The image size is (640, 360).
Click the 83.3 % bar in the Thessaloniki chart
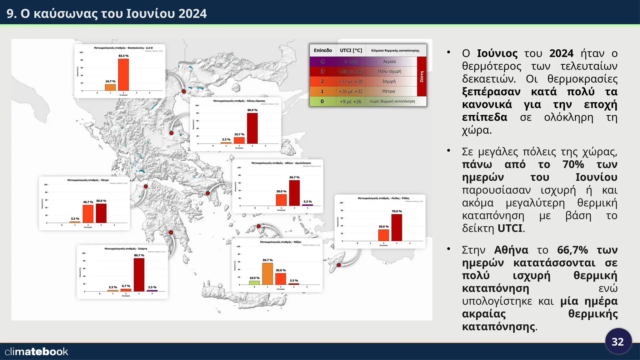pos(123,75)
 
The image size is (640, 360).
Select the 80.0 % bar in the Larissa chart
pos(252,128)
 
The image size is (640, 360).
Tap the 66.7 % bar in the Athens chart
pos(294,193)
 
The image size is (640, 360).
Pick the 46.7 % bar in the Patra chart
pos(88,214)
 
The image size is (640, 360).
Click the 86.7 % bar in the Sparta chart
pos(139,275)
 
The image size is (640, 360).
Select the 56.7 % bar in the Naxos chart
pos(267,274)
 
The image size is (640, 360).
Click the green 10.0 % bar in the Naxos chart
pos(254,282)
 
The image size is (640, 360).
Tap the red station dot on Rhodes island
pos(338,265)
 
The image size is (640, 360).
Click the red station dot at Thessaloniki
pos(184,92)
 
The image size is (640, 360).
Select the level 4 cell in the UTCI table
pos(322,62)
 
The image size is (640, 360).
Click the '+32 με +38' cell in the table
pos(350,82)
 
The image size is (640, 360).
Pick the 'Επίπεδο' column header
pos(322,50)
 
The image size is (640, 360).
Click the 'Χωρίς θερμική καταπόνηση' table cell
pos(392,102)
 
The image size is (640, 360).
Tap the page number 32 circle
pos(618,342)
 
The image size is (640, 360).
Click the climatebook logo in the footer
pos(37,352)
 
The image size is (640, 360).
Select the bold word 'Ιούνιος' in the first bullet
pos(497,53)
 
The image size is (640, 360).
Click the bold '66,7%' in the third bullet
pos(572,250)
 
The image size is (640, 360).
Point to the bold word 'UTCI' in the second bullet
pos(510,228)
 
